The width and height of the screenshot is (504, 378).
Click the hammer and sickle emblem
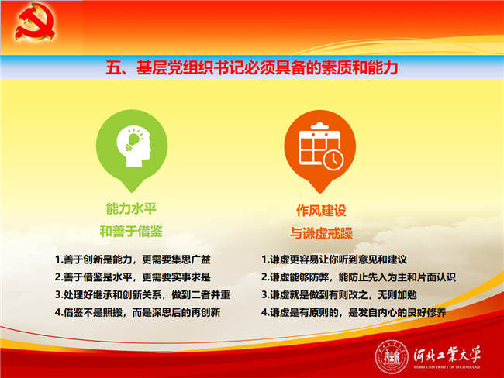35,22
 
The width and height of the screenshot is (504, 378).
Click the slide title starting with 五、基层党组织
252,67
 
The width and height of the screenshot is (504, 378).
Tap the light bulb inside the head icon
133,140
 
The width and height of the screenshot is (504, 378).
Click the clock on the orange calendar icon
333,160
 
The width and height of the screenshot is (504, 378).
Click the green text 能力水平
131,208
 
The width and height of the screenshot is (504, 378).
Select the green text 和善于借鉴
131,232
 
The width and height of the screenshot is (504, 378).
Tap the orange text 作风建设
321,211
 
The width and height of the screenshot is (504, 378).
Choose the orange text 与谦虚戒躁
321,233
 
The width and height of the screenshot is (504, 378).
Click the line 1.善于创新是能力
133,259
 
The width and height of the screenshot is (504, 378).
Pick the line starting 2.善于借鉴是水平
133,277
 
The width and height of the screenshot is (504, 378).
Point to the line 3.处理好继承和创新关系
143,294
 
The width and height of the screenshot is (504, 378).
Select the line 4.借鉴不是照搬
137,312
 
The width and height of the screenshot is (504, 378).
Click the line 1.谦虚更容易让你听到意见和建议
334,259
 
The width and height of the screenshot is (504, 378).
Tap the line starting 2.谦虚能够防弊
359,277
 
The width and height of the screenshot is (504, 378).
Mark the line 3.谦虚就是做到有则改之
339,294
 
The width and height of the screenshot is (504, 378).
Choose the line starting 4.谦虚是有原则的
354,312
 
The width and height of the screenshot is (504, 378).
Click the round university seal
391,357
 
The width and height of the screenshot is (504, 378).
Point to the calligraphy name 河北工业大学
447,354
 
